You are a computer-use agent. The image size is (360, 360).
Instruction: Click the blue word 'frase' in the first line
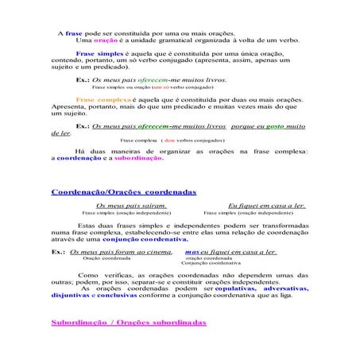click(x=73, y=33)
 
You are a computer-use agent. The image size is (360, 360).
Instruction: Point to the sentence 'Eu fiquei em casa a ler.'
click(x=268, y=206)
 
